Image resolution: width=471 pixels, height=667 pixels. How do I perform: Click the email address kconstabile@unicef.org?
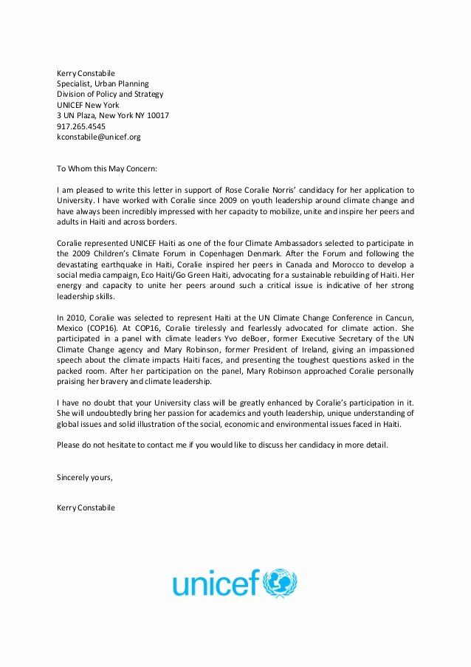pyautogui.click(x=98, y=137)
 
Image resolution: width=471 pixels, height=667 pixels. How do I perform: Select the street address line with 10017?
pyautogui.click(x=113, y=116)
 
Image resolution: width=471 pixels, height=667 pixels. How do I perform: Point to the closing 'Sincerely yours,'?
pyautogui.click(x=85, y=477)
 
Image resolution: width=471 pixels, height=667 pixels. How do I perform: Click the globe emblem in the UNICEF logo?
pyautogui.click(x=280, y=584)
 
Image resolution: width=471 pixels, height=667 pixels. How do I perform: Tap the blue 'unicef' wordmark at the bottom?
pyautogui.click(x=216, y=584)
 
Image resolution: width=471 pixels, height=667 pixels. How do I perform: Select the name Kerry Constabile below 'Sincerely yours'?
pyautogui.click(x=86, y=508)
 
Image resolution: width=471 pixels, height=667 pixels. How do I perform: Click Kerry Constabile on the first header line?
pyautogui.click(x=86, y=74)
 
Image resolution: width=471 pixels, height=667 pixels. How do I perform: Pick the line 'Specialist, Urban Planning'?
pyautogui.click(x=103, y=84)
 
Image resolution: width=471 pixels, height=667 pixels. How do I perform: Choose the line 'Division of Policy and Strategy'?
pyautogui.click(x=110, y=95)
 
